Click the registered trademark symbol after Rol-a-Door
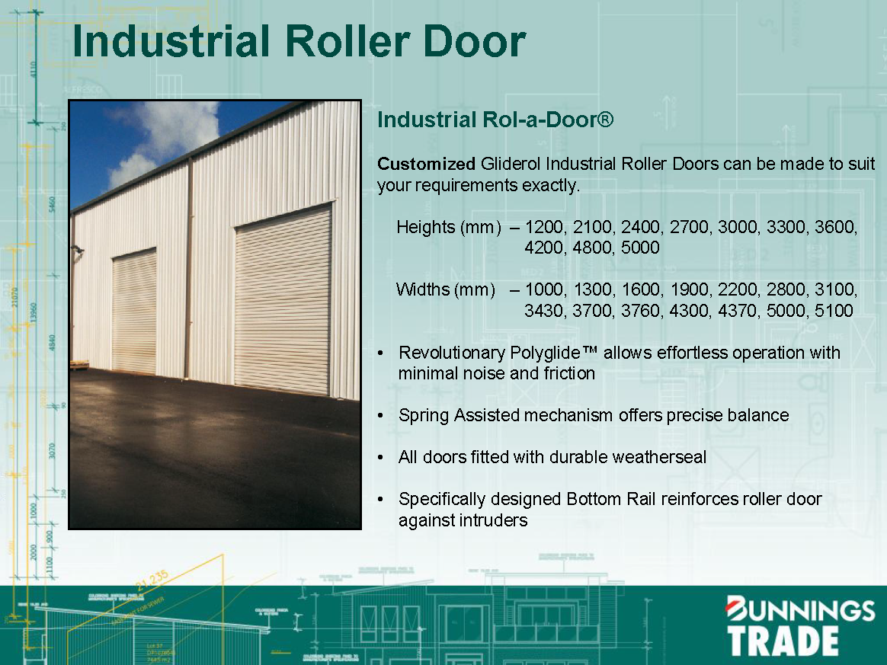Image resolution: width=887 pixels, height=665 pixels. (606, 120)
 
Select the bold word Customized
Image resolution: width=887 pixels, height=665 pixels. (426, 164)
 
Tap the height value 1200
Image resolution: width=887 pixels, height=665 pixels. (545, 227)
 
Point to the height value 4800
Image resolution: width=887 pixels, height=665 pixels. (592, 248)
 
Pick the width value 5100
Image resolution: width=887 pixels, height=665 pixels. (833, 311)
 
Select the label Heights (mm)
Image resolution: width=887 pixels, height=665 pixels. (448, 227)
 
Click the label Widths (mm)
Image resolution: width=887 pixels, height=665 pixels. (445, 290)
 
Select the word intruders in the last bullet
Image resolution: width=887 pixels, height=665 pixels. (494, 520)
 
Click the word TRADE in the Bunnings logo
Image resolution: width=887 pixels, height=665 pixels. (783, 641)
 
